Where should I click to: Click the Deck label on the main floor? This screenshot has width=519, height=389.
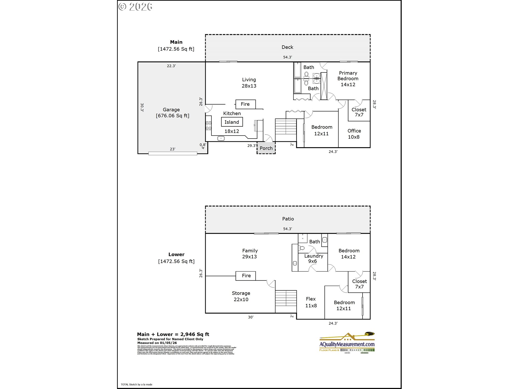tap(287, 47)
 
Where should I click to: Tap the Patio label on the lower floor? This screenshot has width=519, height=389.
tap(288, 219)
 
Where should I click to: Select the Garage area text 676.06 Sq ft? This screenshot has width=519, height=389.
tap(172, 116)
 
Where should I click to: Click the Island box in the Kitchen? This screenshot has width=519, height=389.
tap(232, 122)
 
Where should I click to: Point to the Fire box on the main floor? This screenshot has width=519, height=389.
tap(245, 104)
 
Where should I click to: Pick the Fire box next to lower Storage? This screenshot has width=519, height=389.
tap(246, 276)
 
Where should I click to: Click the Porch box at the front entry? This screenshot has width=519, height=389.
tap(266, 148)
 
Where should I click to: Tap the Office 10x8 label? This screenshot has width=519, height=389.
tap(354, 134)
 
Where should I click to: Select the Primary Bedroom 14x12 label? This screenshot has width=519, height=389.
tap(348, 79)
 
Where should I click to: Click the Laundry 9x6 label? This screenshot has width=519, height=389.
tap(313, 259)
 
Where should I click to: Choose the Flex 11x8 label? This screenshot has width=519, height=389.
tap(311, 302)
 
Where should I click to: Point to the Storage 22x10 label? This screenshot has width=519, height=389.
tap(241, 296)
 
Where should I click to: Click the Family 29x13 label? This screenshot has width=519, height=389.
tap(249, 253)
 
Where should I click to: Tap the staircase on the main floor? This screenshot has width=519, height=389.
tap(286, 126)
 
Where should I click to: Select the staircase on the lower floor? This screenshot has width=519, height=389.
tap(286, 298)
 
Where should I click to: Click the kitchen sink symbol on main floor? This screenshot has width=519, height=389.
tap(221, 138)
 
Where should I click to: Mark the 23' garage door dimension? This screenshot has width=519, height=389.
tap(172, 149)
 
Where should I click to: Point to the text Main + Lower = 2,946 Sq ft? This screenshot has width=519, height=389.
tap(173, 334)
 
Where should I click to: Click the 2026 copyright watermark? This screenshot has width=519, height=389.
tap(136, 7)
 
